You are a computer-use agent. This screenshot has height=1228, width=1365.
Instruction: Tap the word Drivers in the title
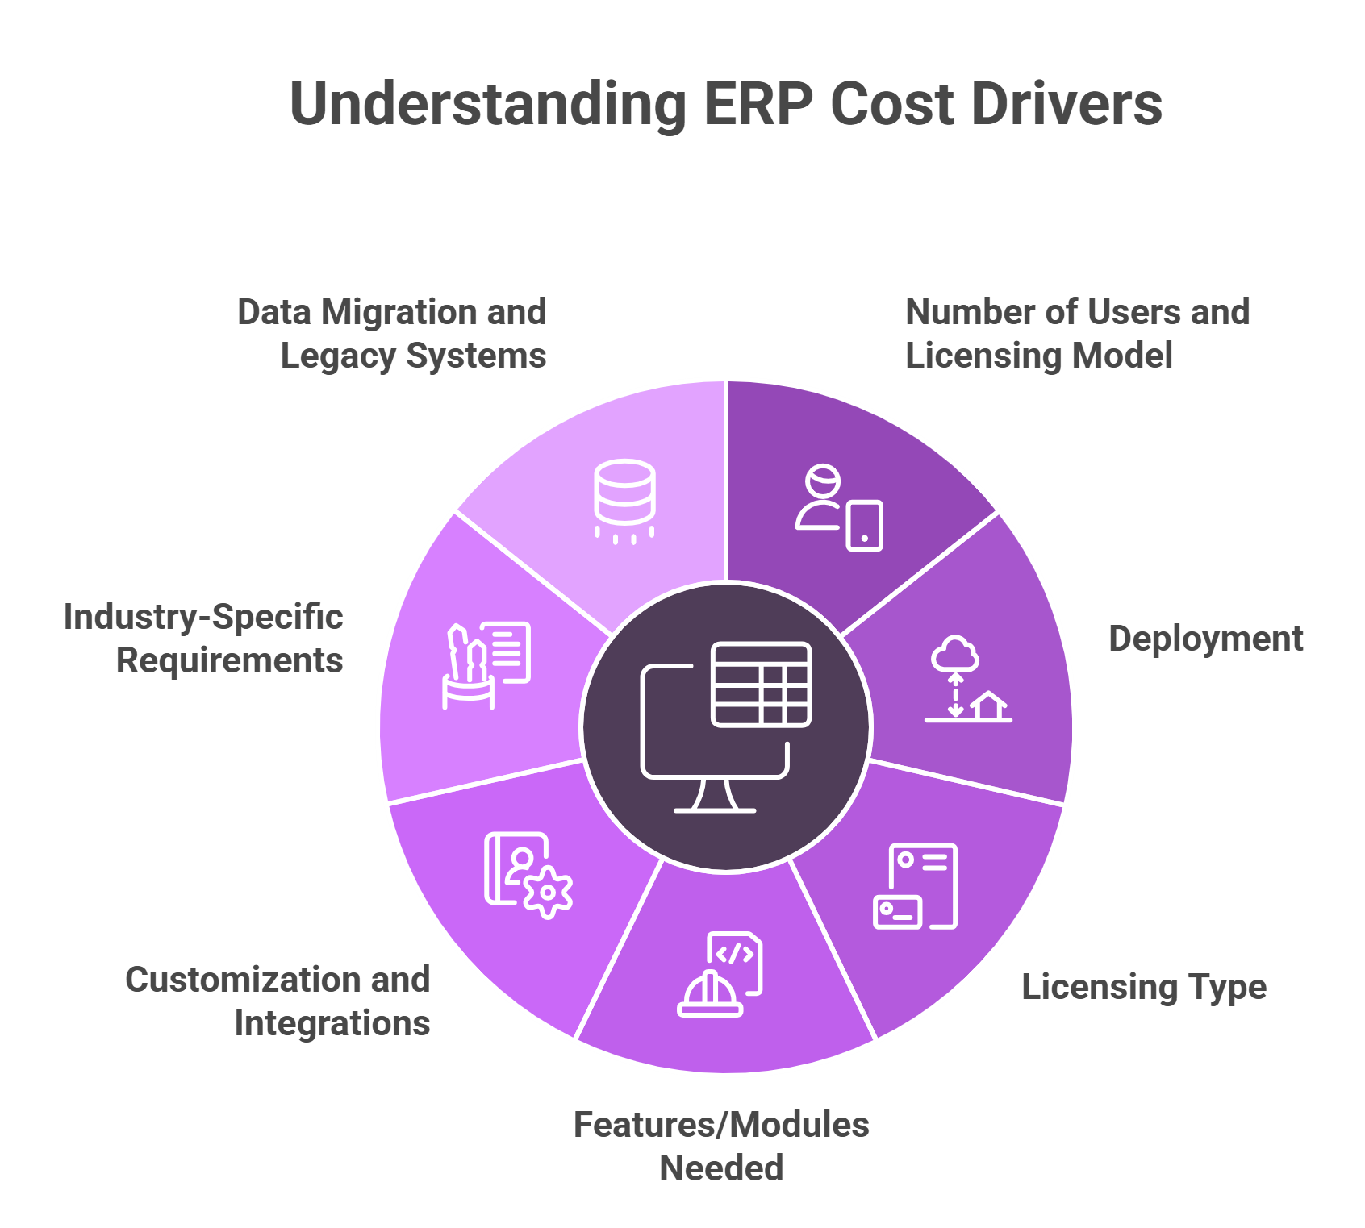click(1066, 105)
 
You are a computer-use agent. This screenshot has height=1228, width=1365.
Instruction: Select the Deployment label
click(1205, 639)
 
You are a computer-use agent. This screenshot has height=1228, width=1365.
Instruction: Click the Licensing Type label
click(1143, 987)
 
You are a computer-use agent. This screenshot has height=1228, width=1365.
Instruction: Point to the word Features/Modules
click(721, 1125)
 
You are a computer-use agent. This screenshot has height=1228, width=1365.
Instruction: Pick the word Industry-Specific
click(203, 617)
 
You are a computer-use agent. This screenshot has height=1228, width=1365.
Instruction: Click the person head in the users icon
click(822, 482)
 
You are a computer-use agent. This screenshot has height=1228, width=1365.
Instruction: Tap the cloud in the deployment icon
click(955, 654)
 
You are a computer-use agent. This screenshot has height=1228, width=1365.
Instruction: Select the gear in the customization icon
click(549, 892)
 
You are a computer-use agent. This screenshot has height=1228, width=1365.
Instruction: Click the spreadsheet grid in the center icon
click(762, 685)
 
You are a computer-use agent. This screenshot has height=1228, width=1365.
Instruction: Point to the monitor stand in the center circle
click(715, 796)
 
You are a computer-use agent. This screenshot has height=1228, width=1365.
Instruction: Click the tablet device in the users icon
click(864, 526)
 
